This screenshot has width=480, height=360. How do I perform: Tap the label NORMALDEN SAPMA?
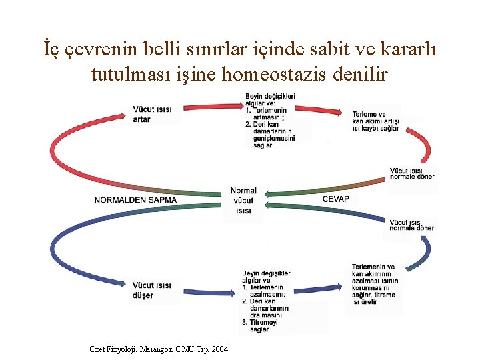[135, 199]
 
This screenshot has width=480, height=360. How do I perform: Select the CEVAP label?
[335, 199]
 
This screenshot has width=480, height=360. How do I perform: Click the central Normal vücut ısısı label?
[243, 201]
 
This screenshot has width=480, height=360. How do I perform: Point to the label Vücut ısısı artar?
[152, 114]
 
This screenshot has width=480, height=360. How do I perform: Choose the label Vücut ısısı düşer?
[152, 290]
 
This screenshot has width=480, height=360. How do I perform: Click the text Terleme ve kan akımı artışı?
[376, 121]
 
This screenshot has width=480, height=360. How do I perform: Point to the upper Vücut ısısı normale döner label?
[411, 173]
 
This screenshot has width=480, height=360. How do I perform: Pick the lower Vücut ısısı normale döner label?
[411, 225]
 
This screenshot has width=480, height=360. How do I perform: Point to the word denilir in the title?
[356, 75]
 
